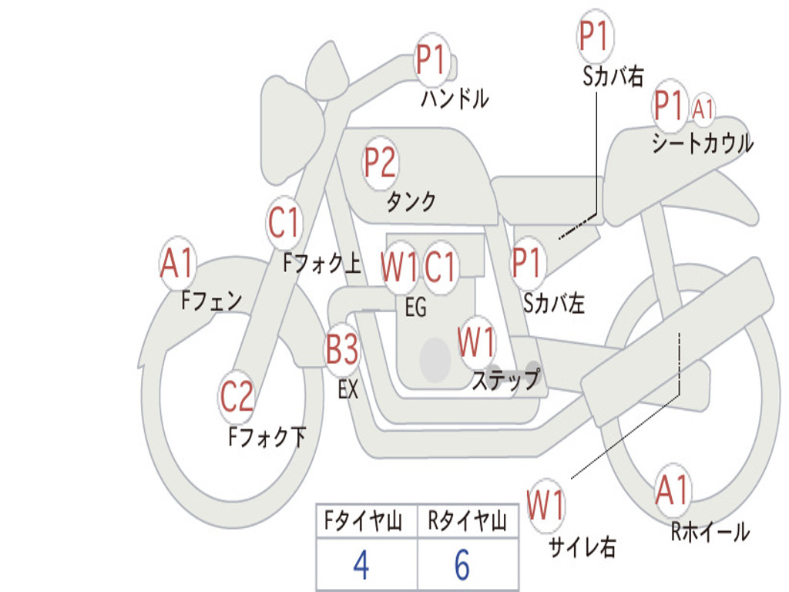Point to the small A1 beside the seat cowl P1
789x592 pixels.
(x=703, y=109)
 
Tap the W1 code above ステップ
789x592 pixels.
(x=477, y=343)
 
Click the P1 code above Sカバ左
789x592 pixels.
(x=529, y=263)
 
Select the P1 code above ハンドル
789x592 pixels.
(x=432, y=59)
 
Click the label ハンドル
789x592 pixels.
(x=455, y=99)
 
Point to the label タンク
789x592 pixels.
(x=411, y=202)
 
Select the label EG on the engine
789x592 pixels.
(x=415, y=308)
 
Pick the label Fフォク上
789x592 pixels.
(x=321, y=264)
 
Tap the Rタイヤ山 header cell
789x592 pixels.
(x=467, y=523)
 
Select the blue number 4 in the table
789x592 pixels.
(x=361, y=565)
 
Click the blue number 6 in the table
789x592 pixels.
(x=462, y=565)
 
